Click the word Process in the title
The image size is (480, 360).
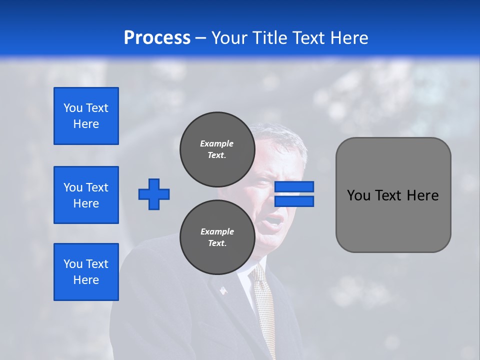(157, 38)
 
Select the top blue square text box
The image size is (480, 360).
(86, 116)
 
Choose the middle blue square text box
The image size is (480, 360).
(86, 195)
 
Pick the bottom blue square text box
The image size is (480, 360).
(86, 272)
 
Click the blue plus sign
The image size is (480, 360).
(154, 194)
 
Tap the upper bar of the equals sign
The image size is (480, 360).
(294, 186)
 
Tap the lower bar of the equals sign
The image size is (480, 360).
(294, 201)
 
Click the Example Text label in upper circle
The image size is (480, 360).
(217, 149)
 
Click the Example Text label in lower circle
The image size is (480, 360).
(217, 237)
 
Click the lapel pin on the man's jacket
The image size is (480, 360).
(222, 290)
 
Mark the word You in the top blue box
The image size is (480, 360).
(72, 108)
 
